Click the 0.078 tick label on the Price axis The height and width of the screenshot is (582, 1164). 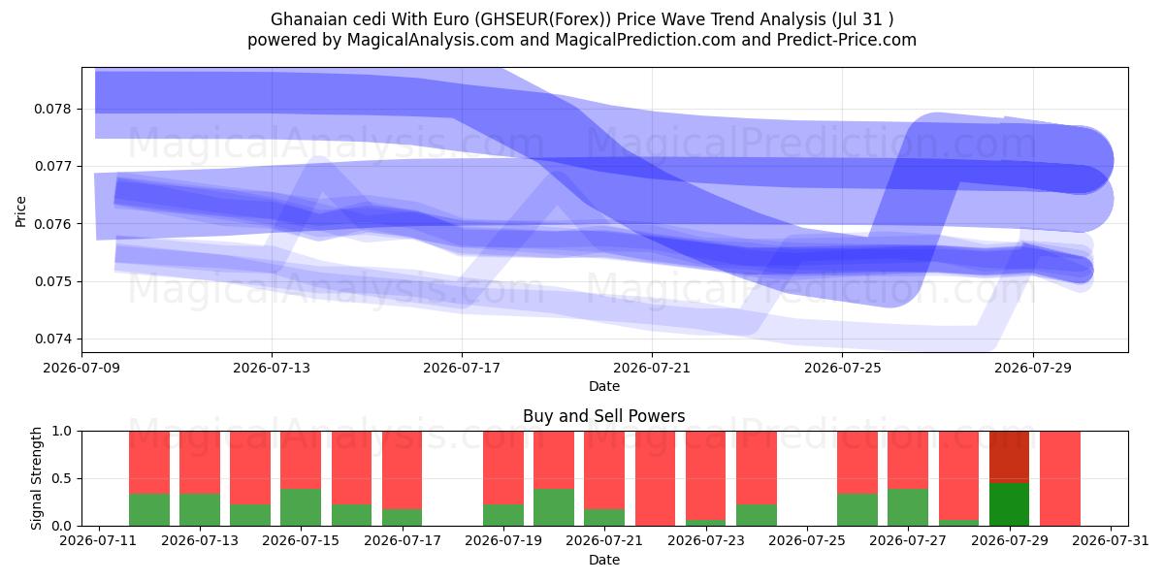click(x=52, y=109)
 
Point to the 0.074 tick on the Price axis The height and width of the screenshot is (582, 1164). click(x=52, y=339)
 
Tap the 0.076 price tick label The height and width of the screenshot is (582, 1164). click(x=52, y=224)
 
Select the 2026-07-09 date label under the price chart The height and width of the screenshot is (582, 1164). click(x=81, y=368)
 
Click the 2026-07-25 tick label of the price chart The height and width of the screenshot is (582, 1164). click(x=842, y=368)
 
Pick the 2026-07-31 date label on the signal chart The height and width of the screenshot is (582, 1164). click(x=1111, y=540)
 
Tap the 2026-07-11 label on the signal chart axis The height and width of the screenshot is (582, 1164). click(x=98, y=540)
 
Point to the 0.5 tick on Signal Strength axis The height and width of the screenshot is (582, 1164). click(x=62, y=478)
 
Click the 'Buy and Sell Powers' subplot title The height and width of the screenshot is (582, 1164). click(x=603, y=416)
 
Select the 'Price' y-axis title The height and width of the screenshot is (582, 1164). click(x=20, y=211)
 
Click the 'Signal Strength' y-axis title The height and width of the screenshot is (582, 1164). click(x=36, y=478)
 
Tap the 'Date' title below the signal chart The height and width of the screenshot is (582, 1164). click(x=603, y=560)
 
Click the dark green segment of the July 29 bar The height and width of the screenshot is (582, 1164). click(x=1009, y=504)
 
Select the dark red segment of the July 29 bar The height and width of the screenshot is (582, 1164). click(x=1009, y=457)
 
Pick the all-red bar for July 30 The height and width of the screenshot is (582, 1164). click(x=1060, y=478)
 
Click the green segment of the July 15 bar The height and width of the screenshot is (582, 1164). click(x=301, y=507)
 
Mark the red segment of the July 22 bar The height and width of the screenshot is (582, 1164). click(x=655, y=478)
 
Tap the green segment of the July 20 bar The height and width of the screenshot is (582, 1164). click(x=554, y=507)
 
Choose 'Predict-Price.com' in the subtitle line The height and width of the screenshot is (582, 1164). click(x=847, y=40)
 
